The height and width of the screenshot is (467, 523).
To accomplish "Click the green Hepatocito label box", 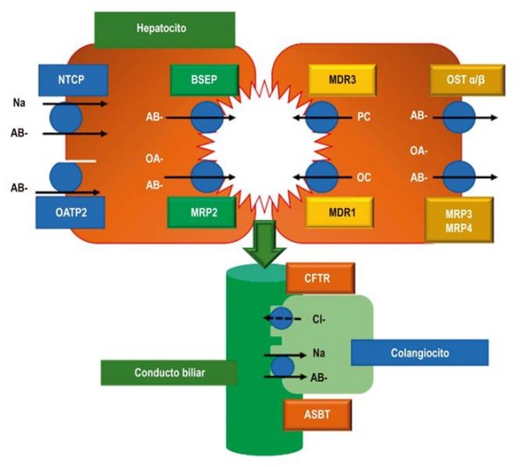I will click(164, 28).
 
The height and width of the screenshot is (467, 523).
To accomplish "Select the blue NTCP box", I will click(73, 79).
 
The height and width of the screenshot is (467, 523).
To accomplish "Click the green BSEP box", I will click(202, 79).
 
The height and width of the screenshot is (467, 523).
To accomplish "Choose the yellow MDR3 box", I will click(340, 79).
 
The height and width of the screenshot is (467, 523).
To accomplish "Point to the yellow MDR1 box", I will click(340, 211).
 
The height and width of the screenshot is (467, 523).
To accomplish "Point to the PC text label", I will click(364, 117).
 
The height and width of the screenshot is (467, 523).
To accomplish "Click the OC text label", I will click(364, 177).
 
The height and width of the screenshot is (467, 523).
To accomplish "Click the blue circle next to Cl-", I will click(282, 317).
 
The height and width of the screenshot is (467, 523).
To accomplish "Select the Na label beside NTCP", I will click(19, 103).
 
